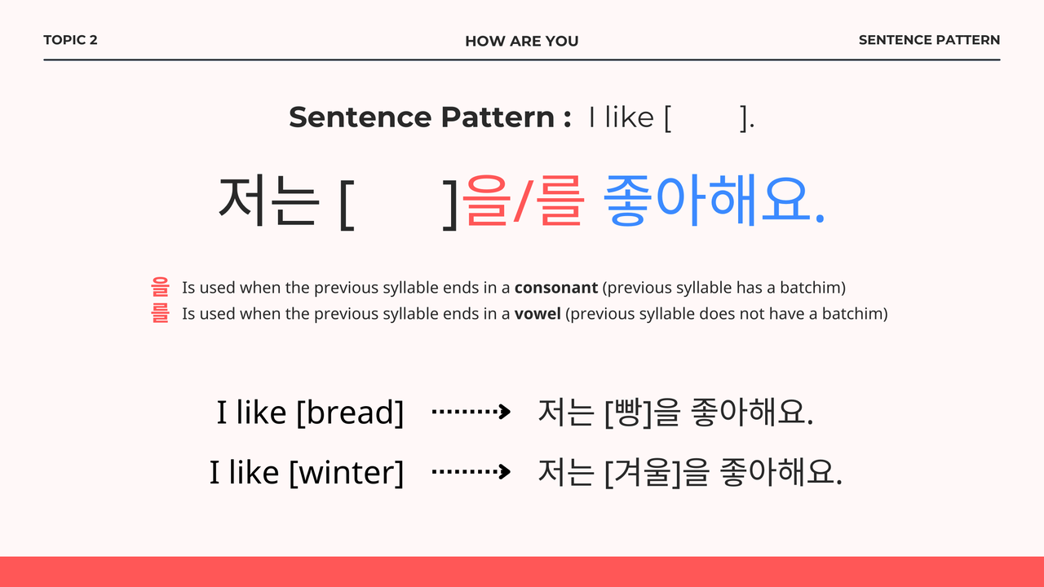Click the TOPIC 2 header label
(70, 40)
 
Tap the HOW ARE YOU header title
(521, 41)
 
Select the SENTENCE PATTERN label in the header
(929, 40)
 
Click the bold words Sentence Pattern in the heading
(422, 117)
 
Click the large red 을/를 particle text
(523, 201)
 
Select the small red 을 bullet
(160, 287)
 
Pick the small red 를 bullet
(160, 313)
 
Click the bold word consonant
(556, 288)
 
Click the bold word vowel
(537, 314)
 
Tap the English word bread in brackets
(350, 413)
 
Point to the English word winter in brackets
(347, 473)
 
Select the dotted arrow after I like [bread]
(471, 412)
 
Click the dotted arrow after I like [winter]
(471, 471)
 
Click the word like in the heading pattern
(629, 117)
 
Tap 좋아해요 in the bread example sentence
(751, 413)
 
